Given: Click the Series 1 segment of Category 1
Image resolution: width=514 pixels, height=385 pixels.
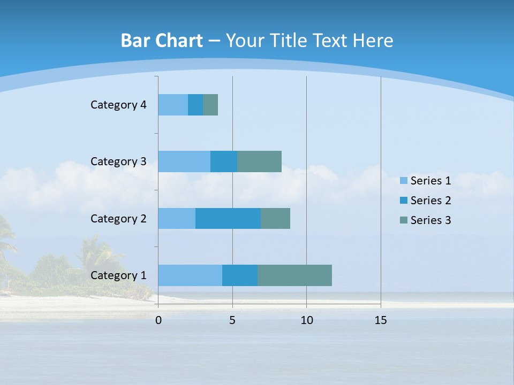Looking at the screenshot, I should point(190,275).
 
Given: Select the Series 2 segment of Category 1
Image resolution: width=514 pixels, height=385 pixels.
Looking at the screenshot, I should point(240,275).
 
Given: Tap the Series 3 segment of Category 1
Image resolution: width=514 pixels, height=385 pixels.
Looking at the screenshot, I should point(294,275).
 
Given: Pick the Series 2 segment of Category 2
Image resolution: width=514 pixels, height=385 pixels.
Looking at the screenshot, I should point(228,218).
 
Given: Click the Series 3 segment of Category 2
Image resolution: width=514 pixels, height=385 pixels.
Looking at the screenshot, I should point(275,218).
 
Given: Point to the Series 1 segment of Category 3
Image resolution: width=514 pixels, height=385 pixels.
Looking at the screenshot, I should point(184,161).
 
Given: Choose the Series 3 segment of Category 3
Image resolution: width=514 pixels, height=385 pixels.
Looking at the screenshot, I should point(259,161).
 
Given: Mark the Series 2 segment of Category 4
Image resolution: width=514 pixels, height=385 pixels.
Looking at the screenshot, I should point(195,105).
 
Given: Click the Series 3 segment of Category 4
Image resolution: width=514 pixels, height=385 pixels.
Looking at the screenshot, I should point(210,105).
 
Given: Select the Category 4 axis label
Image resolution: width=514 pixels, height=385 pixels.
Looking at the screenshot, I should point(118,105).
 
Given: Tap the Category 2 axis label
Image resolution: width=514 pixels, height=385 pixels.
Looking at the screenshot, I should point(118,218).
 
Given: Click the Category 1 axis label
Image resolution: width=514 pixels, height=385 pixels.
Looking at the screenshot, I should point(118,275).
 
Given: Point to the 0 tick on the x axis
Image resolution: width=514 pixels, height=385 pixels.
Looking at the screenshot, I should point(158,320).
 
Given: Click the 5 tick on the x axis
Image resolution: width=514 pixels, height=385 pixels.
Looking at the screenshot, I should point(232,320).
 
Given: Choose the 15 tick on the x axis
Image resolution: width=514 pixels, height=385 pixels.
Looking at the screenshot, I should point(381,320).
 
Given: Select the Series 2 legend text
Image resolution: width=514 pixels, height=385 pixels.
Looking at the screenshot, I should point(430,201).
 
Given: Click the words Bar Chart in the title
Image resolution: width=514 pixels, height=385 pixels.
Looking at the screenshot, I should point(162,41).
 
